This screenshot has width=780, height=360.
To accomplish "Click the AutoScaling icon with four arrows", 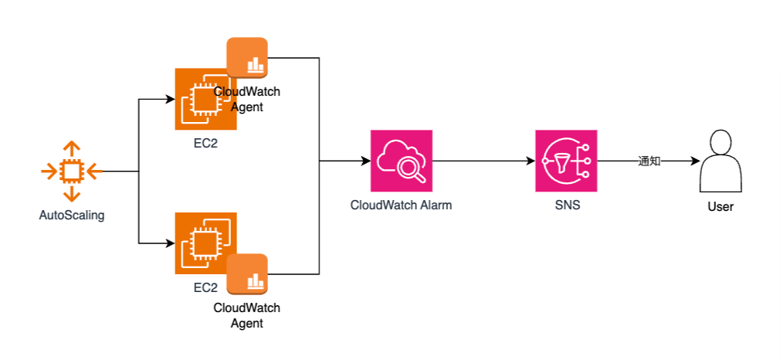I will coord(70,172).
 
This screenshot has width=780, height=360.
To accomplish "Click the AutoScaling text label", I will coord(72,216).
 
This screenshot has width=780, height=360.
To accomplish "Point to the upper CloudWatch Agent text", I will coord(247,100).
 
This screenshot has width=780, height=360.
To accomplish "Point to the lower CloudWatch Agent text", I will coord(247,315).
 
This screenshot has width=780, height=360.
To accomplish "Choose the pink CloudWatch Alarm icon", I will coord(401,161).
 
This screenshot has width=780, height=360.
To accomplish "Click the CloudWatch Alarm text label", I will coord(401,205).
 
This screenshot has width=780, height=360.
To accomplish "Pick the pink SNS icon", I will coord(566,161).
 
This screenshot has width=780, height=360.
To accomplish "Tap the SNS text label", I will coord(567,205).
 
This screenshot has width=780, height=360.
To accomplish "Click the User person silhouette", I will coord(721,161).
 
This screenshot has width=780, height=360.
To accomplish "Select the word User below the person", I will coord(721,207).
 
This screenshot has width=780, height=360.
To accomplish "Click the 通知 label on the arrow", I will coord(649,161).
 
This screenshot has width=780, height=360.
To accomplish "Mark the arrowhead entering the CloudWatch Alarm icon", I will coord(365,161).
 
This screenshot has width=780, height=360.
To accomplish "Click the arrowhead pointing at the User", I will coord(694,161).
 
